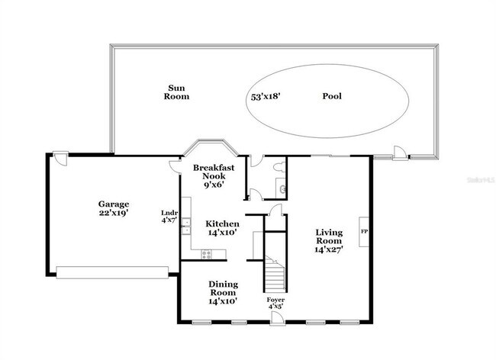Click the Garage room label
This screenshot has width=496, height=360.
click(x=113, y=204)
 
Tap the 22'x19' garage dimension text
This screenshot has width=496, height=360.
click(x=113, y=214)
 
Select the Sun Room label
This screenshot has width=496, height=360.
click(x=178, y=92)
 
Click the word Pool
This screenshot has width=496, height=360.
click(x=332, y=97)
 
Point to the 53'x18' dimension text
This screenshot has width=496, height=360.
click(x=266, y=97)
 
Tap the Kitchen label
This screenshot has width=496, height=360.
click(x=222, y=223)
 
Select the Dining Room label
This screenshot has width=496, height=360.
click(x=223, y=288)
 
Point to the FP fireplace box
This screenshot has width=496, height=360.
click(x=363, y=230)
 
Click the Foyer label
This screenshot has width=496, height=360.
click(x=275, y=300)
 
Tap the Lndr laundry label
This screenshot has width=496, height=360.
click(x=169, y=213)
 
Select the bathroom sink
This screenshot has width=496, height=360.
click(x=282, y=188)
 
